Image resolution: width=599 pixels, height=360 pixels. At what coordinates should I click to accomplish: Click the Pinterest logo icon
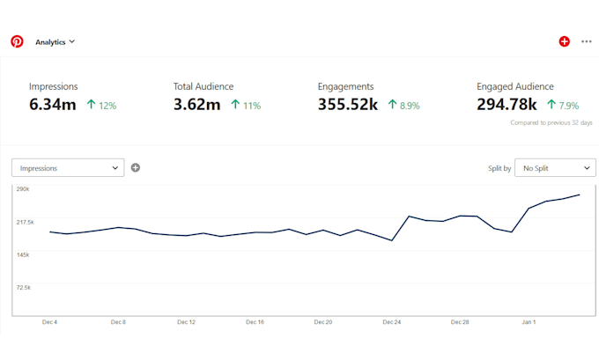[17, 41]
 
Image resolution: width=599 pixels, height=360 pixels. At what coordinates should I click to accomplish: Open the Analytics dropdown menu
[55, 41]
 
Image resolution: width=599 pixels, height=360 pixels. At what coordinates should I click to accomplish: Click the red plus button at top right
[565, 41]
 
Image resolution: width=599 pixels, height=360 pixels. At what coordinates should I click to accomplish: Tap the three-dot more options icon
[587, 41]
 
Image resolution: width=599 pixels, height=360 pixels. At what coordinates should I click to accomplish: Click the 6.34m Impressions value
[52, 104]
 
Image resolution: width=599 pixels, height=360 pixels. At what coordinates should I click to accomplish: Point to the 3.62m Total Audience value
[196, 104]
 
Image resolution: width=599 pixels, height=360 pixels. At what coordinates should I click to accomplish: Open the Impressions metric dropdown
[68, 167]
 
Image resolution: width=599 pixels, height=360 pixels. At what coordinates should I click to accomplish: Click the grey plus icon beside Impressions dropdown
[136, 167]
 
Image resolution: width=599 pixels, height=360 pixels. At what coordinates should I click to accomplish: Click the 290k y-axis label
[24, 189]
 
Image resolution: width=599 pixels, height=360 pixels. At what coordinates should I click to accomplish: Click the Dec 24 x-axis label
[392, 322]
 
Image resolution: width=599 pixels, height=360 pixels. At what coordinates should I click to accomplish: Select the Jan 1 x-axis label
[529, 322]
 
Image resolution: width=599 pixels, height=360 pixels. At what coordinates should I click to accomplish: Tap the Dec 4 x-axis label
[50, 322]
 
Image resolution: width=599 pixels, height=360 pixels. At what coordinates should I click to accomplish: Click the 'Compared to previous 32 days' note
[551, 122]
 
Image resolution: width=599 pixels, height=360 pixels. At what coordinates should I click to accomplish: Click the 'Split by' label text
[499, 167]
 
